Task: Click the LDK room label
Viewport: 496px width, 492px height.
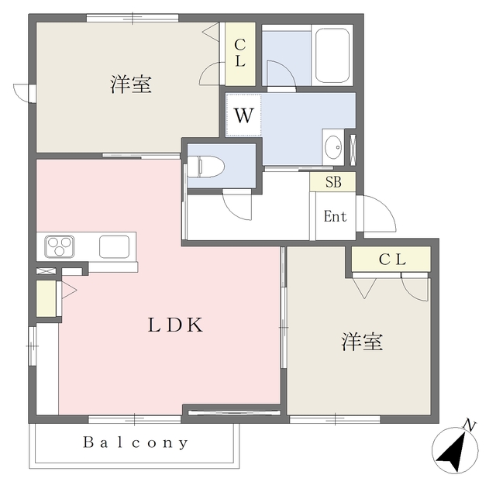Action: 176,325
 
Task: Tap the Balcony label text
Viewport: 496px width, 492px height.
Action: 136,443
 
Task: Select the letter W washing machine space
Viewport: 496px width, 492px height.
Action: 243,116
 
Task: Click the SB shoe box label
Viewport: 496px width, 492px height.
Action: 333,182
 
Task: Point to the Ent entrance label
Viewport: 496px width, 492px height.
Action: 335,216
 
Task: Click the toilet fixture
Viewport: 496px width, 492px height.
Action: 206,165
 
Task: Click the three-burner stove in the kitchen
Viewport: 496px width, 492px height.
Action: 60,247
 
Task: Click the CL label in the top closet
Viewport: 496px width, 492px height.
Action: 240,52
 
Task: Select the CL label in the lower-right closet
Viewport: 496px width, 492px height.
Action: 391,260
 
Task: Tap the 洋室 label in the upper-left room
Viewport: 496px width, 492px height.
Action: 129,84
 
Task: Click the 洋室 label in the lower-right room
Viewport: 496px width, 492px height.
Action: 361,342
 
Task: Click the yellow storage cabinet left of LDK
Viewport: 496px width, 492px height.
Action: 46,298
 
